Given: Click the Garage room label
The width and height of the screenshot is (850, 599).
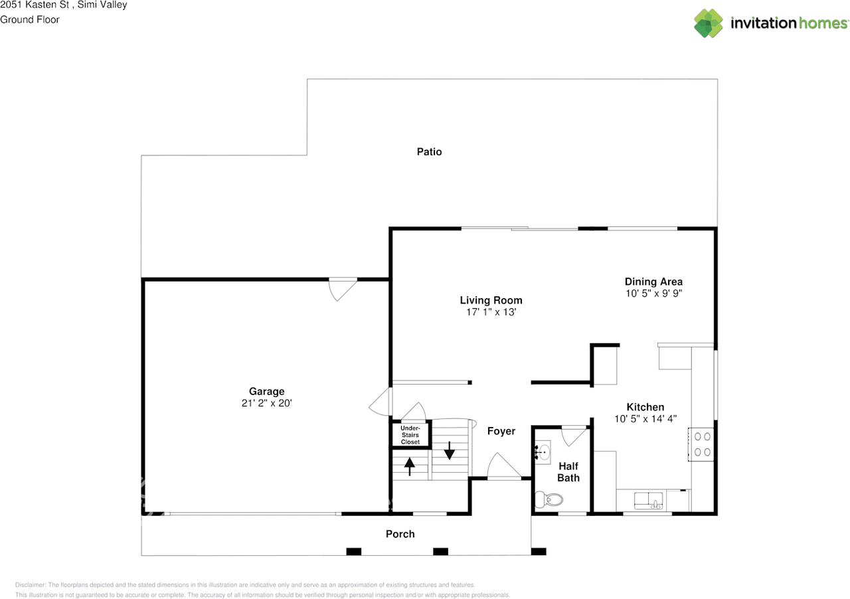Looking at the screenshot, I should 266,391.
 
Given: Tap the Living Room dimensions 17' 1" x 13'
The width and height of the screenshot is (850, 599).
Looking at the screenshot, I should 491,311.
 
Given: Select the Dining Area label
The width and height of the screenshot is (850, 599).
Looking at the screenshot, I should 653,282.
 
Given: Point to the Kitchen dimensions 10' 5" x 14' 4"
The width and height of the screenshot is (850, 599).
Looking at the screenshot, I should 645,418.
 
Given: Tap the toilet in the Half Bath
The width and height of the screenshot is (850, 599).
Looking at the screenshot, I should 550,499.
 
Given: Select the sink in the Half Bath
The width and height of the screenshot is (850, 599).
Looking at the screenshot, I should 543,454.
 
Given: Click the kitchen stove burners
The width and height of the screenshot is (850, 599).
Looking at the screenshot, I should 702,444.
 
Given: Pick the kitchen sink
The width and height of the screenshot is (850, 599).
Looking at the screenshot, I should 649,500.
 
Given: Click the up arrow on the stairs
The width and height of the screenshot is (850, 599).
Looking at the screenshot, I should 410,466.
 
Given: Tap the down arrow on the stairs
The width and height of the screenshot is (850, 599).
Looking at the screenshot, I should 450,450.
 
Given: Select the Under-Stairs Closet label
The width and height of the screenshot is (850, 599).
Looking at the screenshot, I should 410,435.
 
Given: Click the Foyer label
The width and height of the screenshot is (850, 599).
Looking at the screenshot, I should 501,431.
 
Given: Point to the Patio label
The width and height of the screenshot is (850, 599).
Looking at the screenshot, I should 429,151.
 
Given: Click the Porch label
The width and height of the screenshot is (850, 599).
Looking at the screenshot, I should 400,534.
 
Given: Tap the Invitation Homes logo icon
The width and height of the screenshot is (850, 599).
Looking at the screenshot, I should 709,23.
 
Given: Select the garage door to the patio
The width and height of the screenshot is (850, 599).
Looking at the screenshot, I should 343,288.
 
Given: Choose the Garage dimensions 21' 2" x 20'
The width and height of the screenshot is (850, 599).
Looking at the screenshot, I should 266,403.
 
